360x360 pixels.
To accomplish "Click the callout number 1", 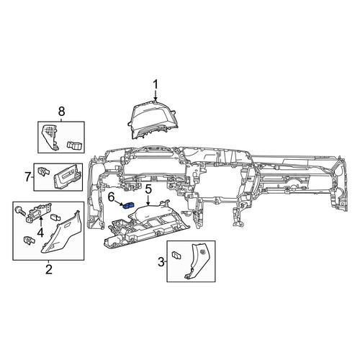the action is tap(156, 85).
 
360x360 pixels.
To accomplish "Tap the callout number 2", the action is tap(49, 269).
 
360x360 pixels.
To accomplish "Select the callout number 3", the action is tap(161, 262).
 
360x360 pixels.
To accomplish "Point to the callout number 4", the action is tap(40, 233).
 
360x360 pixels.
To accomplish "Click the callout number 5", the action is tap(148, 189).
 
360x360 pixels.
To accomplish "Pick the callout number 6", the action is tap(111, 197).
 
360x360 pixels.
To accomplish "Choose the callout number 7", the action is tap(28, 178).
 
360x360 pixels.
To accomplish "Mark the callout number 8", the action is tap(61, 112).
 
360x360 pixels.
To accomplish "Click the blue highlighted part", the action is tap(128, 206).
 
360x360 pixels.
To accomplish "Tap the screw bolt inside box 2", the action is tap(20, 211).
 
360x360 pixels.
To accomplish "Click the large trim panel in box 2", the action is tap(62, 232).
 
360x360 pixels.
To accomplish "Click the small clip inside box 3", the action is tap(177, 255).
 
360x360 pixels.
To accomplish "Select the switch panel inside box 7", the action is tap(67, 177).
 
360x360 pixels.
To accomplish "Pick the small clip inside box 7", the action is tap(43, 171).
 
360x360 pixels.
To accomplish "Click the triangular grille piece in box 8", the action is tap(50, 138).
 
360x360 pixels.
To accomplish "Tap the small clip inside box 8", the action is tap(75, 145).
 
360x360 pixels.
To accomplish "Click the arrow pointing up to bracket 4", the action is tap(40, 221).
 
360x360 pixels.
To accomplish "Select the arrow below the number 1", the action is tap(156, 96).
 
